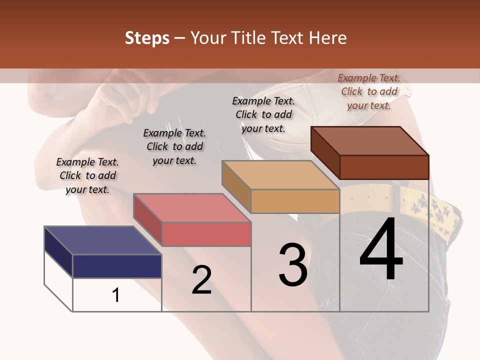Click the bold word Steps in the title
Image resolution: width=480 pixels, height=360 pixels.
(147, 38)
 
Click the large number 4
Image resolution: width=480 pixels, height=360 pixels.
(381, 249)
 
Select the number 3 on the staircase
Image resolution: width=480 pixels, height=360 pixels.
(293, 264)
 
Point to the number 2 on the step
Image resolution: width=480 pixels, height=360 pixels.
(201, 280)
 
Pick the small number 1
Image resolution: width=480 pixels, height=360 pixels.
(116, 295)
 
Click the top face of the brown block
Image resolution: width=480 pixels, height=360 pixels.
(369, 140)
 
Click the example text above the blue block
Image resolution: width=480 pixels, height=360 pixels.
(87, 175)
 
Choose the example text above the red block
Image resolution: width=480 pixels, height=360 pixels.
(174, 146)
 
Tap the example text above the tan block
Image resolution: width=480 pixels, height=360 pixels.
(263, 114)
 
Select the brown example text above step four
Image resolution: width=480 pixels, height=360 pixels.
(369, 91)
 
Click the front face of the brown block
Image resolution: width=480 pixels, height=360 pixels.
(384, 167)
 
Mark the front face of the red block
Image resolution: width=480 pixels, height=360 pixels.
(206, 234)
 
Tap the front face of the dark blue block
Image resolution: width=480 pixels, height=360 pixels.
(117, 266)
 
